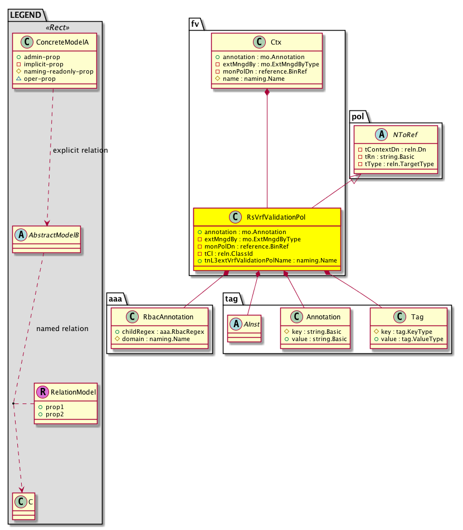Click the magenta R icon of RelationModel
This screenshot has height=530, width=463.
(43, 392)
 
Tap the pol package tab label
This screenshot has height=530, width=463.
(357, 116)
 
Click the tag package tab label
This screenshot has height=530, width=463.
(233, 298)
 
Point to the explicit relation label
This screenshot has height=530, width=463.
(80, 150)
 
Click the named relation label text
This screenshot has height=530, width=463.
(62, 329)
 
